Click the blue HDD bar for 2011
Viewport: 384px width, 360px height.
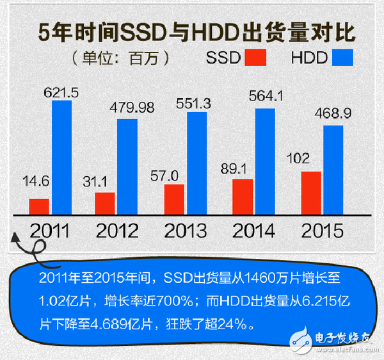pos(61,156)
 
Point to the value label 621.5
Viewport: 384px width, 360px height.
pos(61,93)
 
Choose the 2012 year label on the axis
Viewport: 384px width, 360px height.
pos(117,231)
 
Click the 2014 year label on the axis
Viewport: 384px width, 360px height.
pos(253,231)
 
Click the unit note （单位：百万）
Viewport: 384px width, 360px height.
pos(120,58)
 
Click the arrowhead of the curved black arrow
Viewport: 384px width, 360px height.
pos(15,238)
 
